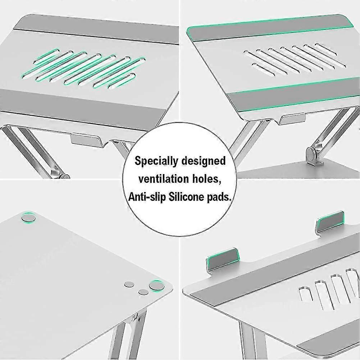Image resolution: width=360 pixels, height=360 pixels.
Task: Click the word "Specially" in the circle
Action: pyautogui.click(x=156, y=161)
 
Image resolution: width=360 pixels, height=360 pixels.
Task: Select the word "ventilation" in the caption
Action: pyautogui.click(x=163, y=179)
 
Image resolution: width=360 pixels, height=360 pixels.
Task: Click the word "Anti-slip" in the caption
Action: pyautogui.click(x=147, y=197)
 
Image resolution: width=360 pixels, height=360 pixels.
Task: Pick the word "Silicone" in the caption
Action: pyautogui.click(x=186, y=197)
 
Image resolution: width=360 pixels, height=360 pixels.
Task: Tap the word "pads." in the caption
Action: pyautogui.click(x=219, y=197)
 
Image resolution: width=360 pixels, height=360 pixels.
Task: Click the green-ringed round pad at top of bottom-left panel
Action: pyautogui.click(x=28, y=217)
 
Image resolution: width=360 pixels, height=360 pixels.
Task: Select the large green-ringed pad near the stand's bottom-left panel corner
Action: pyautogui.click(x=157, y=286)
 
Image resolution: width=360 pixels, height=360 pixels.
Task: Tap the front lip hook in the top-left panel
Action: pyautogui.click(x=85, y=139)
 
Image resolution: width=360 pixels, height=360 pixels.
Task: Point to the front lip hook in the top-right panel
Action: pyautogui.click(x=292, y=118)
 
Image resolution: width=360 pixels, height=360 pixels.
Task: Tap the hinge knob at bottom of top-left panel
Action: pyautogui.click(x=65, y=177)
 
